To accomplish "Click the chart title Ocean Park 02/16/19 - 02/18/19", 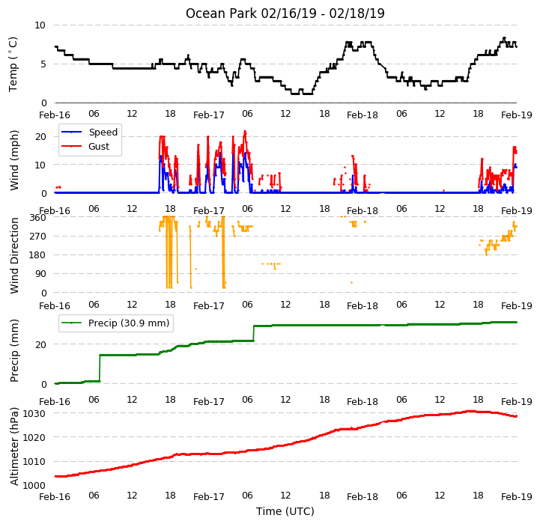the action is [x=285, y=13].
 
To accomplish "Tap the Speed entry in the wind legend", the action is [x=103, y=132].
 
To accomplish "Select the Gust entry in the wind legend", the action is [x=99, y=146].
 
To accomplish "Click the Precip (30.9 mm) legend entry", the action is [x=129, y=323].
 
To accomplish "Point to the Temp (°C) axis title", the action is [x=13, y=64].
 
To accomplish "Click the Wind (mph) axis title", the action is [x=14, y=160].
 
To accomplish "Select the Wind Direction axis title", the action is [x=14, y=255].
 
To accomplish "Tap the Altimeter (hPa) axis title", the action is [x=14, y=447].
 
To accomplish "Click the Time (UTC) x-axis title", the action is [x=285, y=511].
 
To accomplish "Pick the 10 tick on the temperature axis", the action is [x=40, y=25].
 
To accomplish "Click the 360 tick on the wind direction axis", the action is [x=38, y=218].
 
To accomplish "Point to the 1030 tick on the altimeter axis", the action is [x=34, y=413].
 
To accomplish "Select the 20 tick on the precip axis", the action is [x=40, y=344].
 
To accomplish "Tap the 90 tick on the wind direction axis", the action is [x=40, y=274].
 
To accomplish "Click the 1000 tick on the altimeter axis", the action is [x=34, y=485].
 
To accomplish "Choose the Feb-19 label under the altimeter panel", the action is [x=517, y=497].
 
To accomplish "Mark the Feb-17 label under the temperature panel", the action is [x=209, y=115].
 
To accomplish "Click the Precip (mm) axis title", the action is [x=14, y=351].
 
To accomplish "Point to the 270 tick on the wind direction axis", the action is [x=38, y=237].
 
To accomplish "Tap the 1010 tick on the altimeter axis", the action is [x=34, y=461].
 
